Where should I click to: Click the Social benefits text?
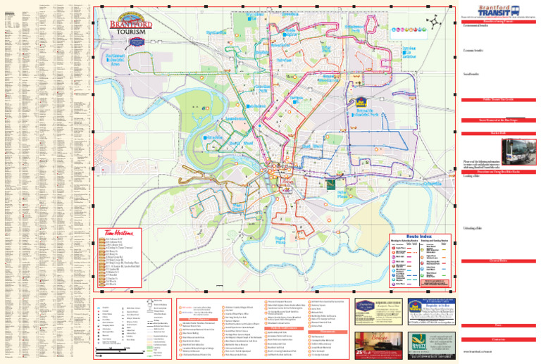point(473,73)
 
